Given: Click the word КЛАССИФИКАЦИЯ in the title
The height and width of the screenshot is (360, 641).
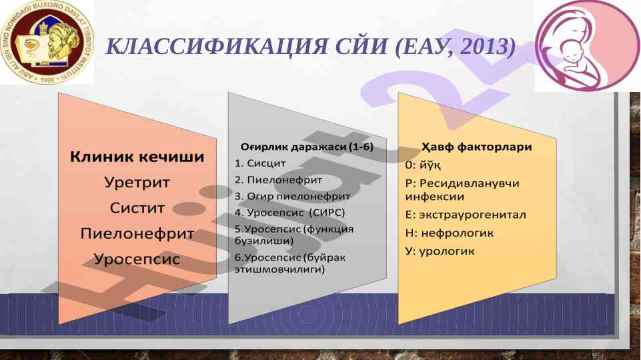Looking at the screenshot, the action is point(216,46).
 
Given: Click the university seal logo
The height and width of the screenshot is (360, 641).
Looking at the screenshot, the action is point(46,42).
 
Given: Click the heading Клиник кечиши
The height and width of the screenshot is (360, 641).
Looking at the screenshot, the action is point(137,157).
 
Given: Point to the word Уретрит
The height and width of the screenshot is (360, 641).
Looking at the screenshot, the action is point(137,182).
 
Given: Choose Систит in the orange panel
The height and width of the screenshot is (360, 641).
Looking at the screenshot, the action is point(137,208).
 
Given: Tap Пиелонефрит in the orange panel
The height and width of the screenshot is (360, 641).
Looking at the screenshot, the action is point(137,234).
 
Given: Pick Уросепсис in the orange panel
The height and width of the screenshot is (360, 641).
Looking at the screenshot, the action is point(137,259).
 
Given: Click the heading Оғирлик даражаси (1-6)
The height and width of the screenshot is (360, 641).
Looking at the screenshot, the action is point(307,147).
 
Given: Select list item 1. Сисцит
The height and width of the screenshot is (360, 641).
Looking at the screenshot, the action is point(260,163).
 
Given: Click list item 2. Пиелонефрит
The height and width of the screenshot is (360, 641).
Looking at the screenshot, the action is point(278,180).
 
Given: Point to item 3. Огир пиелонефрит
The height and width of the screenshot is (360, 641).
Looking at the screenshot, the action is point(292,196).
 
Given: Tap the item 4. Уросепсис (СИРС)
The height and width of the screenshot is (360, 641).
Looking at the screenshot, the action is point(289,213).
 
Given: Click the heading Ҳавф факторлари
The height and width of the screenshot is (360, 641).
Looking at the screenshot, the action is point(477,147).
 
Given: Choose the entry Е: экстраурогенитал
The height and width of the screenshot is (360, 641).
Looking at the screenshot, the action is point(465,215).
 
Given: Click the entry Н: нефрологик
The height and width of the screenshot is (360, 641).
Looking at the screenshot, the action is point(450,233).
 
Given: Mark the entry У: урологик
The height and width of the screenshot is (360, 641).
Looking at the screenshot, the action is point(440,251).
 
